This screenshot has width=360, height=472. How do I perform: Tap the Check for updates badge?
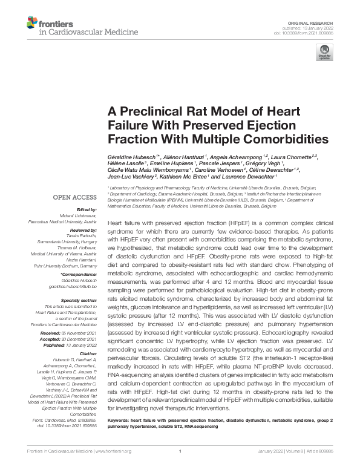324,53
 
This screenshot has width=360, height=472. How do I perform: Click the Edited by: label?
88,209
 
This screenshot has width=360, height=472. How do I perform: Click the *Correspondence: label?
80,275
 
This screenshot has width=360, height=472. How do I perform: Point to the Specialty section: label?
79,300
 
